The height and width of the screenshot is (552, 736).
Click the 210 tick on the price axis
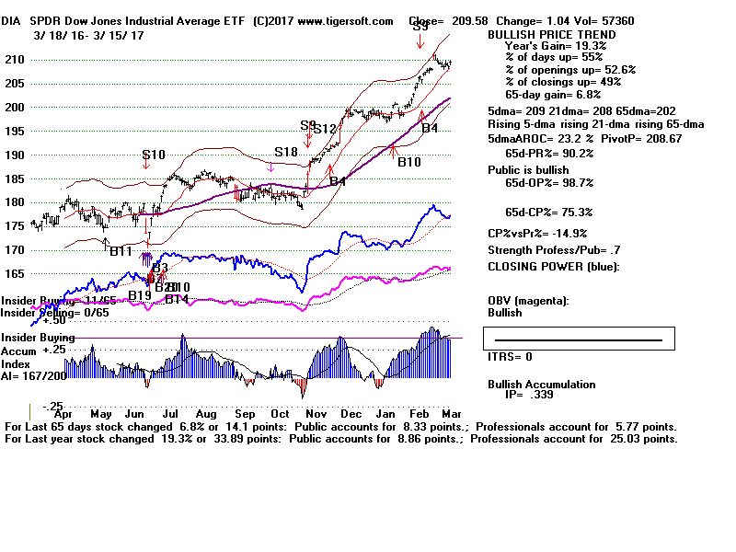16,60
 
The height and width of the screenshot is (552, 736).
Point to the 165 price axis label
16,273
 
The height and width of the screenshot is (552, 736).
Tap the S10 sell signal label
153,155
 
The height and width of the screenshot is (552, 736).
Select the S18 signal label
285,152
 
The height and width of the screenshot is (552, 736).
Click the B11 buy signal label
121,250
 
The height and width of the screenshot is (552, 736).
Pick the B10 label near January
409,162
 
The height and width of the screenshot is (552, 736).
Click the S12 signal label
324,129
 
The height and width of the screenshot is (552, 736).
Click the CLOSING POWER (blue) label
554,267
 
